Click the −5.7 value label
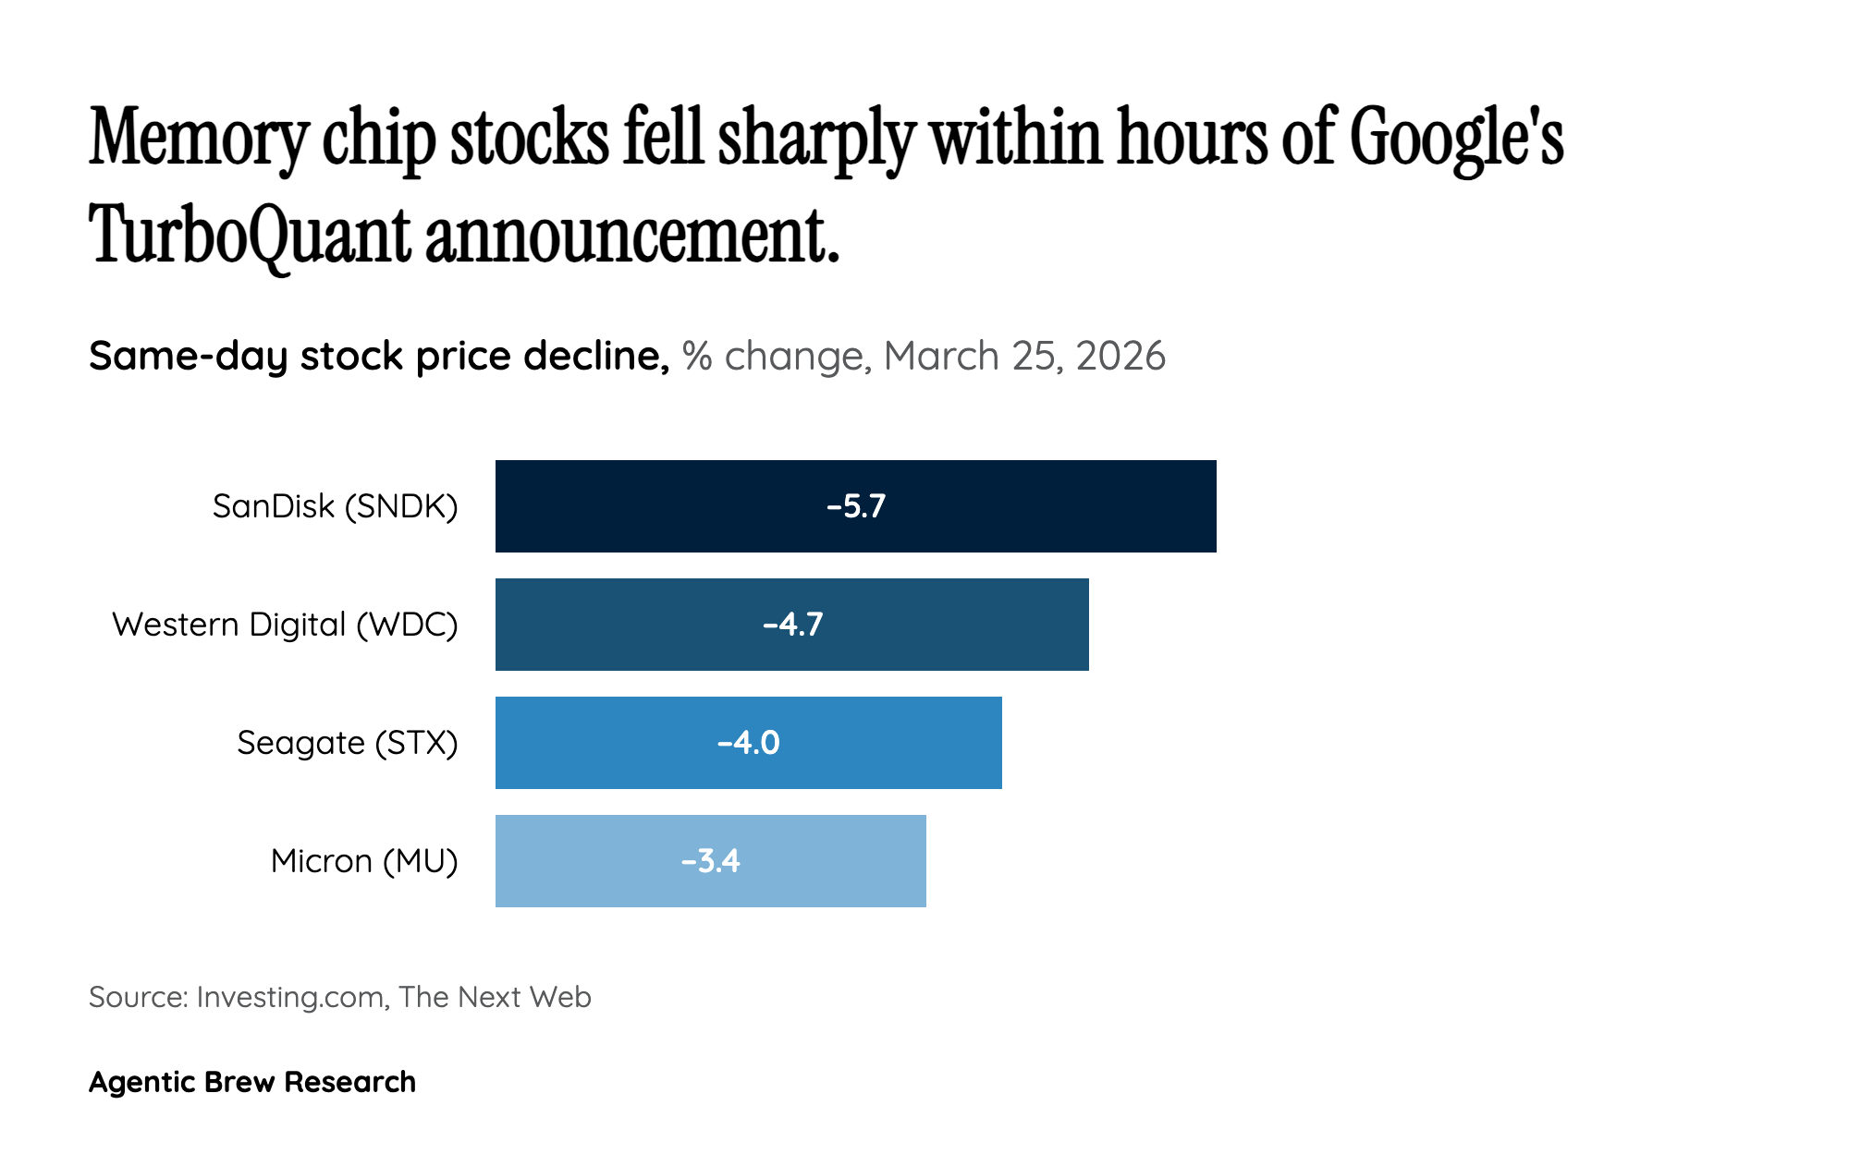(x=856, y=506)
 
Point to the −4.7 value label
(x=792, y=625)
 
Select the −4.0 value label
(x=749, y=743)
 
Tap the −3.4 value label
(x=710, y=861)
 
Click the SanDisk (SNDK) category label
(x=335, y=506)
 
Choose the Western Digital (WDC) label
(x=285, y=625)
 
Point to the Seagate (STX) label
(x=347, y=743)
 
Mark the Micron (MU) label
(x=364, y=861)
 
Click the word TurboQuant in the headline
(x=250, y=235)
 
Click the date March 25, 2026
(x=1023, y=357)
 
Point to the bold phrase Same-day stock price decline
(x=379, y=357)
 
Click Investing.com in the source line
(x=290, y=997)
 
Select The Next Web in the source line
(x=496, y=997)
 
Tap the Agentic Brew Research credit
(x=252, y=1082)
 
